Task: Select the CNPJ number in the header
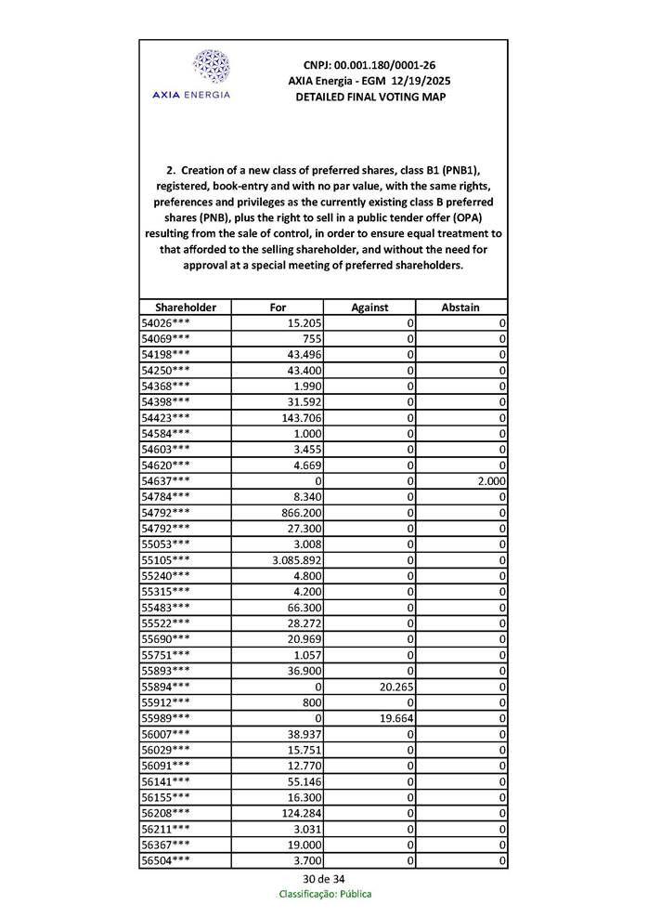369,65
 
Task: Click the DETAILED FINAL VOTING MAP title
369,97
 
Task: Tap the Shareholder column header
186,307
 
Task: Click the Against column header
369,307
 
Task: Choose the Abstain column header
461,307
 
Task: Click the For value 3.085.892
296,560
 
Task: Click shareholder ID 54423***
166,418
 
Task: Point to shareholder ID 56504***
166,860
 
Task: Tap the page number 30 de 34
324,879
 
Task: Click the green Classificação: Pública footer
325,894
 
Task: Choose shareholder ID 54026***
166,323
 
